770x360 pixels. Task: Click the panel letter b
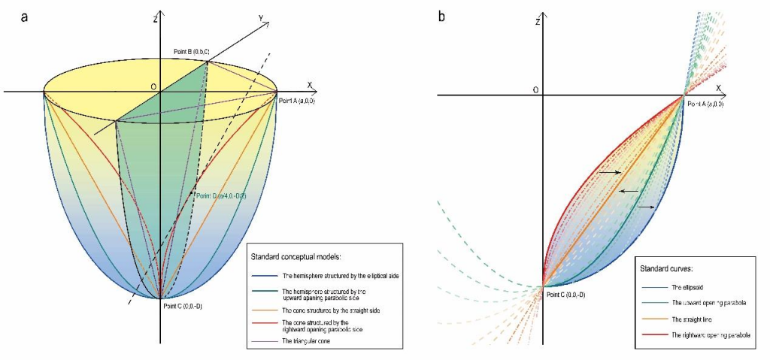439,16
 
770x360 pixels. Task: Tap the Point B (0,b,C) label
183,50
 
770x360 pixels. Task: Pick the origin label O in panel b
535,90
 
